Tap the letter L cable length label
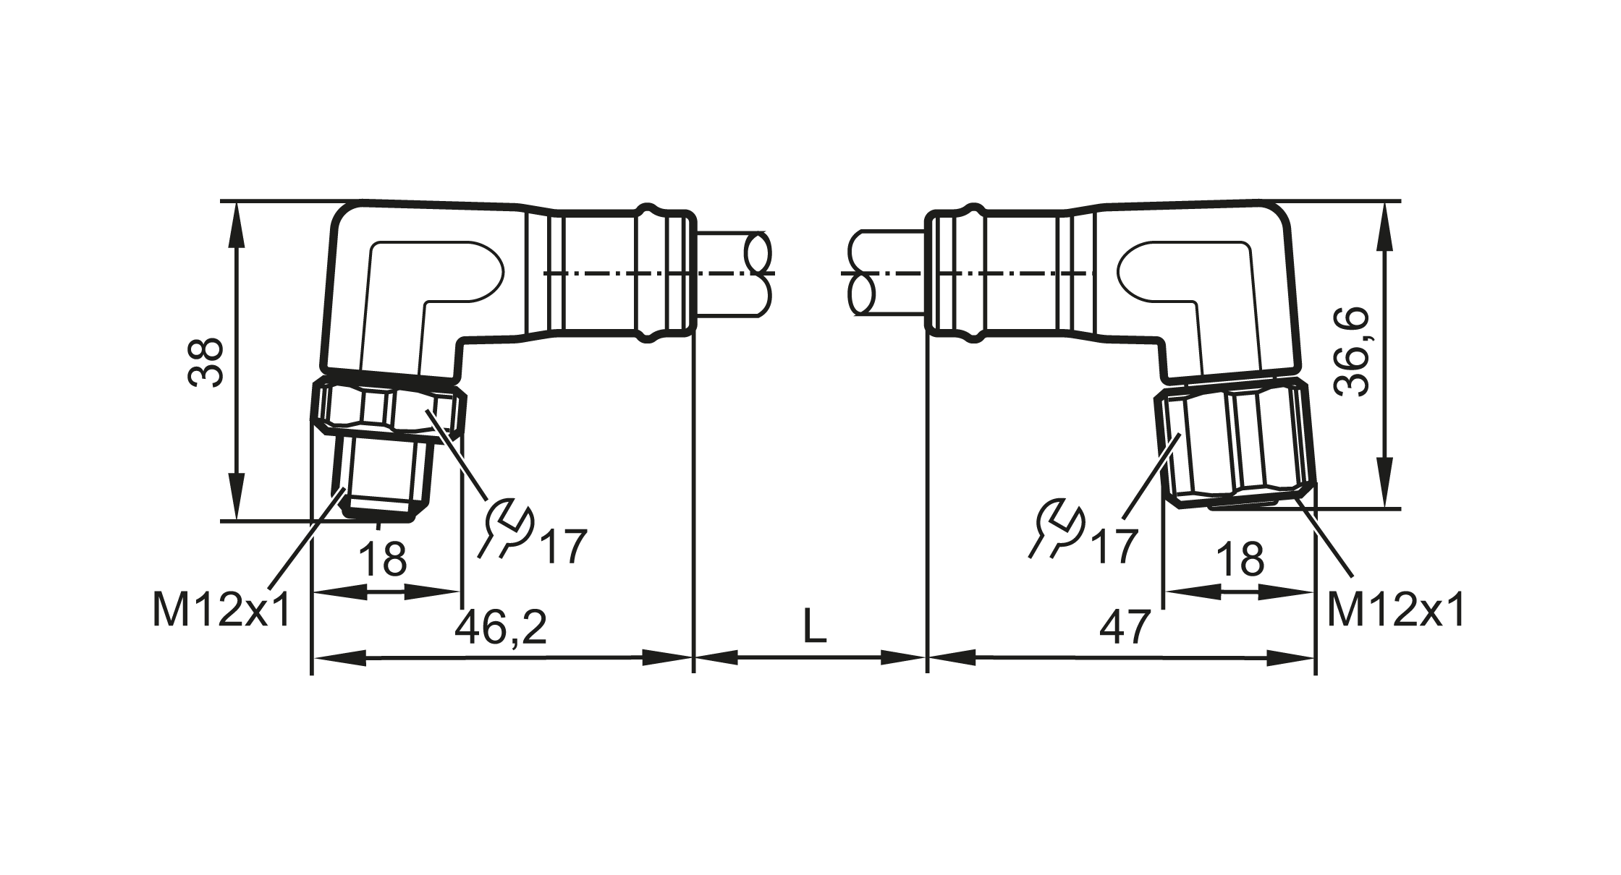click(814, 626)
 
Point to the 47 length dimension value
click(1125, 627)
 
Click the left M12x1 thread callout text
click(221, 609)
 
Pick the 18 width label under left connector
click(383, 559)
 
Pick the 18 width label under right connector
click(1240, 559)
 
